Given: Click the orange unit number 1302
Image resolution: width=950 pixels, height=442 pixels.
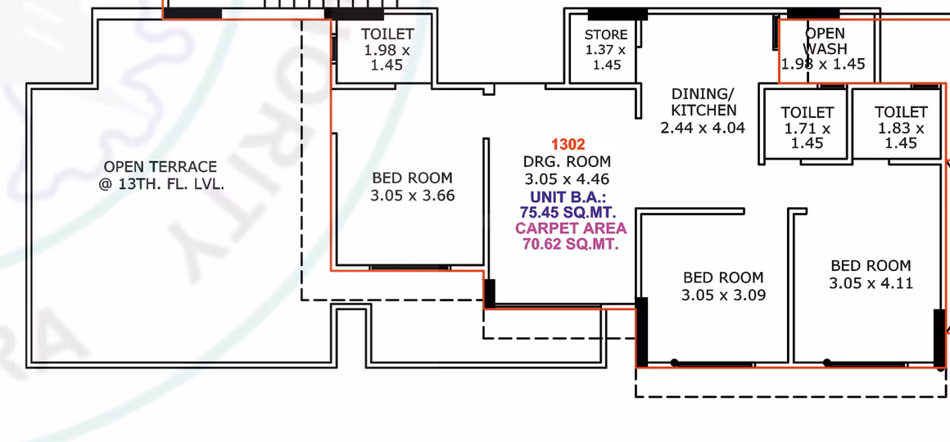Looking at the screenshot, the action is (x=568, y=145).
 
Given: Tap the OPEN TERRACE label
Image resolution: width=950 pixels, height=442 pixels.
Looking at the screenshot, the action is (x=161, y=166).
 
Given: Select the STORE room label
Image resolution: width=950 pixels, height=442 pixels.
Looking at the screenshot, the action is (x=606, y=35).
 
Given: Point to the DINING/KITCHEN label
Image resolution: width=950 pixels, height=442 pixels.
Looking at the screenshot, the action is (x=703, y=102).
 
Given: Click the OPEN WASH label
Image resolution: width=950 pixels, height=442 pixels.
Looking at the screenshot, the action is (x=825, y=41).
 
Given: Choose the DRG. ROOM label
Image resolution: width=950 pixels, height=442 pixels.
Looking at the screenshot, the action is (x=567, y=162).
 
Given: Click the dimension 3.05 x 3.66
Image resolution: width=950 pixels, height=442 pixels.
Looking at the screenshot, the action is (x=413, y=196).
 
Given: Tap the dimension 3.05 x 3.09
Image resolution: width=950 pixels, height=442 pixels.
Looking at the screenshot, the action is (x=723, y=295).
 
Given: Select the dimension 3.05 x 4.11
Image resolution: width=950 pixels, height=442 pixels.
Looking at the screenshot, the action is (x=871, y=283).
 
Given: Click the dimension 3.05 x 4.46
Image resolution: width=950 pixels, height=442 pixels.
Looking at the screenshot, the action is (x=567, y=179).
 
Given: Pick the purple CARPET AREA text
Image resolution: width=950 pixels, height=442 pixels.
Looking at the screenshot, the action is (x=571, y=229).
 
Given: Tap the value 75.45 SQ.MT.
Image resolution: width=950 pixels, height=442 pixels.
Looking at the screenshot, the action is (x=568, y=213).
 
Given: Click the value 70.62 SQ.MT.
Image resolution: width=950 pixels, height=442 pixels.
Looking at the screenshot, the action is (x=571, y=246).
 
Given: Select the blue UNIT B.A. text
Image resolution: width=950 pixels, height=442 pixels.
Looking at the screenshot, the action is (x=568, y=196).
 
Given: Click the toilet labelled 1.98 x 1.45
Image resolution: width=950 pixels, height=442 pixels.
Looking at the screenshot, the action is (x=387, y=49).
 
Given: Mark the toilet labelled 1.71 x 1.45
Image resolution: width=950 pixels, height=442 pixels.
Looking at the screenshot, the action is (x=807, y=128).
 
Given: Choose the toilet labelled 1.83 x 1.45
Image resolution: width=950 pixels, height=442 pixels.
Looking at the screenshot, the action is (x=901, y=127).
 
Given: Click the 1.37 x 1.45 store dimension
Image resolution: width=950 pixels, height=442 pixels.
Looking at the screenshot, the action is (x=606, y=57).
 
